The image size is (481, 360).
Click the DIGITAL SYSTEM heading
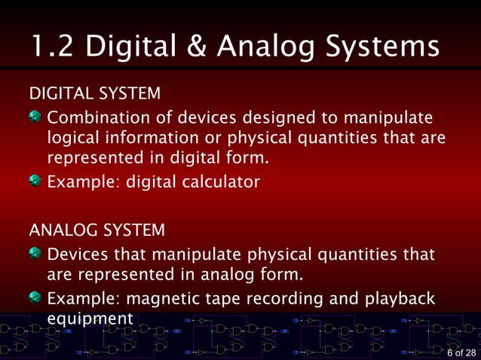[94, 94]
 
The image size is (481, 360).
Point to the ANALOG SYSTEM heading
[97, 229]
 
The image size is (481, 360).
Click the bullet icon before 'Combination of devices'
[35, 117]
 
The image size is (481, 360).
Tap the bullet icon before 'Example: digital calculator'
[35, 181]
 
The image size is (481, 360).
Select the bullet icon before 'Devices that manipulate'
[35, 253]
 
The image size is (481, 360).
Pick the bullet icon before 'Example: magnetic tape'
[35, 297]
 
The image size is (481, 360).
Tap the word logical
[72, 139]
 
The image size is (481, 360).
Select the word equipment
[90, 319]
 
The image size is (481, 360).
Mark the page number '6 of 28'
[461, 352]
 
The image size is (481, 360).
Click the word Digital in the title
[130, 47]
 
